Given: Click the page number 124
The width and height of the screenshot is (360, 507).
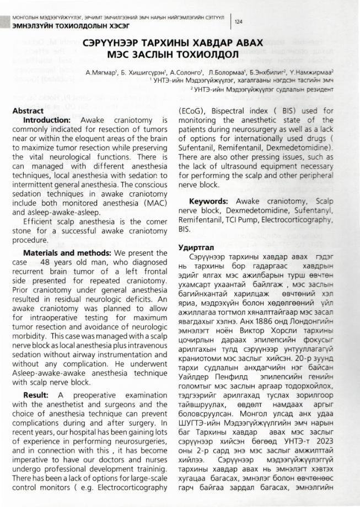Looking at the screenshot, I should (x=239, y=21).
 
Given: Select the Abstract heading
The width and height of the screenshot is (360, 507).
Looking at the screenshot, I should (x=29, y=111).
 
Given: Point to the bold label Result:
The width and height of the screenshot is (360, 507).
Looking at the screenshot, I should (x=36, y=396).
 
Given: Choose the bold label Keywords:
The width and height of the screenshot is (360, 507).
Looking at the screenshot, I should (x=209, y=202).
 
